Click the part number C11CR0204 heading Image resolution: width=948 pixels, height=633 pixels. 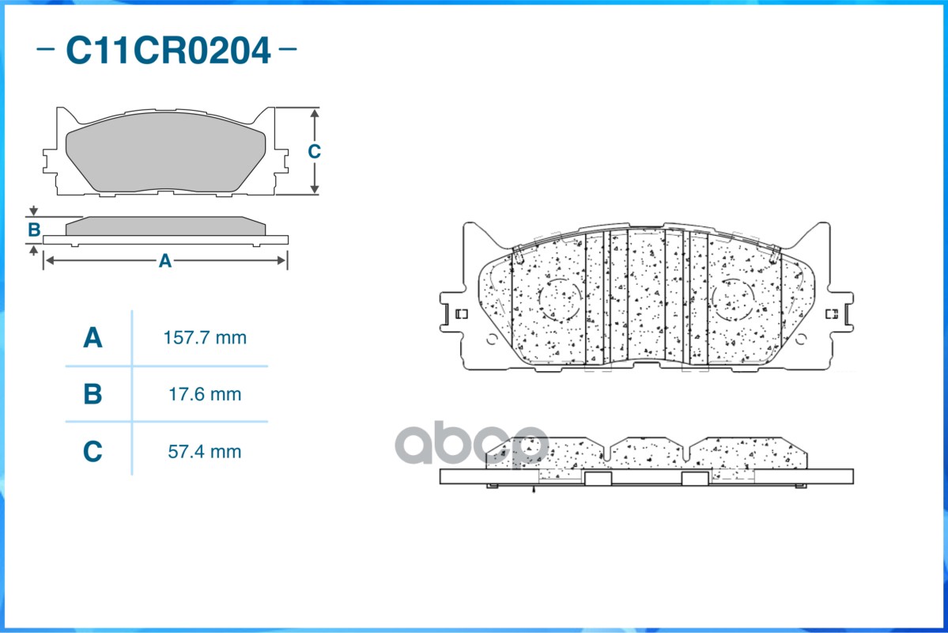point(168,50)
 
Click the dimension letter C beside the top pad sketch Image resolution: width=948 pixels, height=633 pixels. point(314,151)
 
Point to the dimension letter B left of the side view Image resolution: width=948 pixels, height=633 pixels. point(35,229)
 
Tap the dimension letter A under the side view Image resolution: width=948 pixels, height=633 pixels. point(165,261)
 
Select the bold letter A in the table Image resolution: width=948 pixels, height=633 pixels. point(93,337)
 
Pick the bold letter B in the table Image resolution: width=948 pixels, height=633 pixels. point(93,394)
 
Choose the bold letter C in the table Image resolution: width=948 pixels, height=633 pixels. point(93,451)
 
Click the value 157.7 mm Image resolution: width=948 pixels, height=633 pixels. point(205,338)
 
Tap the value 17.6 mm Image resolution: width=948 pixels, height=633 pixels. point(205,395)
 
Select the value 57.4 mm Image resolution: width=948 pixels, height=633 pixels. point(204,452)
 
